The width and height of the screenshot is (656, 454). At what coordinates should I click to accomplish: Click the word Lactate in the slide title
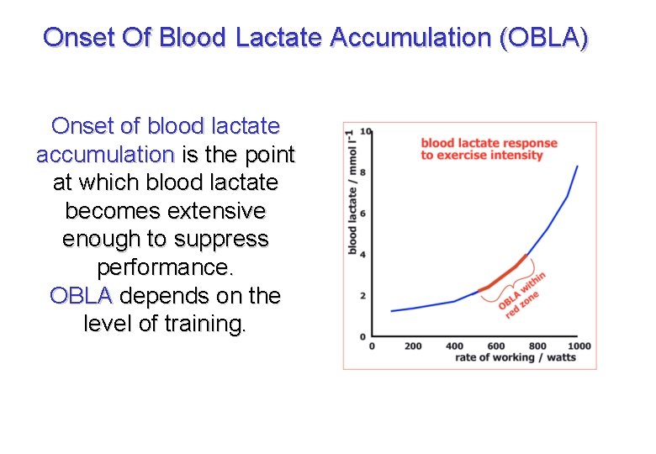[x=280, y=37]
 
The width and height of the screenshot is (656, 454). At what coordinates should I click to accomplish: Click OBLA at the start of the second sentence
[x=82, y=296]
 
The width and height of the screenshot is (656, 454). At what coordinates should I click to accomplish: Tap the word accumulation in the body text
[x=105, y=155]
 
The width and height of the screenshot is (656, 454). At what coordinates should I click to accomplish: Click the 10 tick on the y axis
[x=363, y=132]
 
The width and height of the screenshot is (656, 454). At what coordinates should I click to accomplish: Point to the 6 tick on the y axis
[x=362, y=214]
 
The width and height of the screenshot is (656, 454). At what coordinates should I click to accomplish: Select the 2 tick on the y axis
[x=362, y=296]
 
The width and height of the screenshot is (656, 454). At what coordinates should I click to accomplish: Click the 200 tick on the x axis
[x=413, y=346]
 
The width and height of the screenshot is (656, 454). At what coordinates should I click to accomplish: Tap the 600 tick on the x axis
[x=496, y=346]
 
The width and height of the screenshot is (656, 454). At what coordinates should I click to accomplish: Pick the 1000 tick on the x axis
[x=579, y=346]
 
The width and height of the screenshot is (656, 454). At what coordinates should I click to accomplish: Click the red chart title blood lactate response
[x=489, y=143]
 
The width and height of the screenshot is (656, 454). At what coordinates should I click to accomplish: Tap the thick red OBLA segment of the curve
[x=505, y=274]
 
